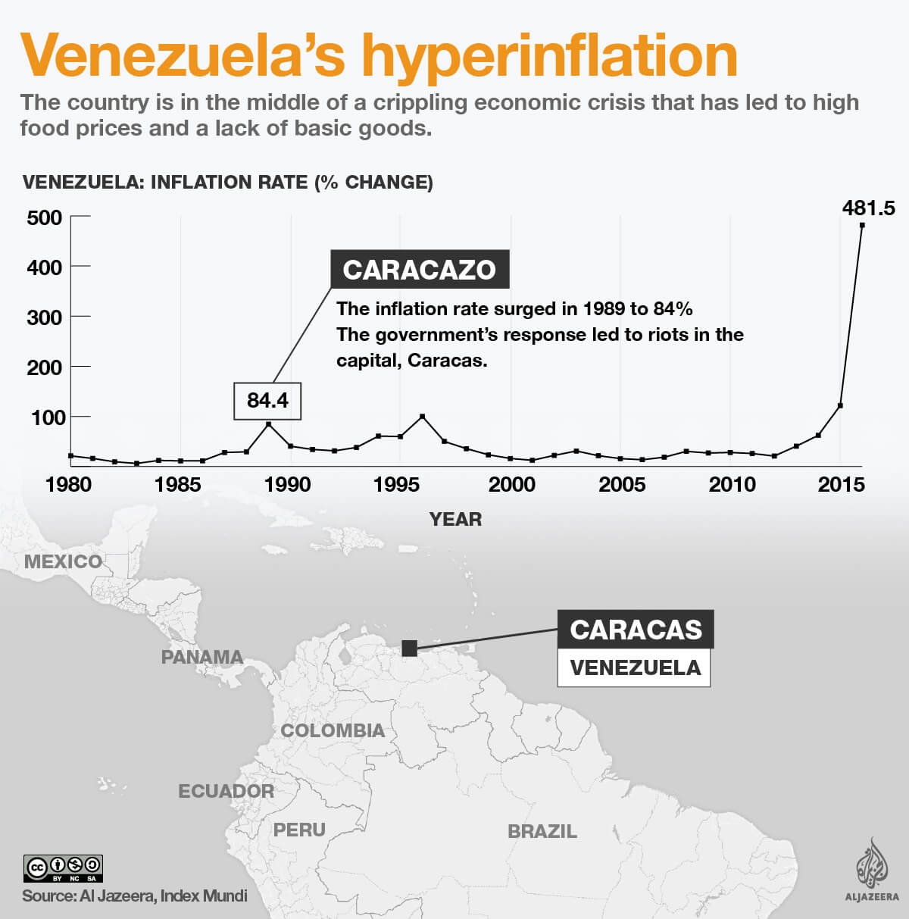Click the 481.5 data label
(x=868, y=208)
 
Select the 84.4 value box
(x=267, y=400)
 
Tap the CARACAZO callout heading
(x=419, y=270)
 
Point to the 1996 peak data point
(x=422, y=417)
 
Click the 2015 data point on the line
(x=840, y=406)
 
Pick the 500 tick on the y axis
(x=44, y=218)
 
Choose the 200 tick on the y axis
(x=44, y=367)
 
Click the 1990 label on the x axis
(x=288, y=485)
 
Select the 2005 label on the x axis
(x=621, y=485)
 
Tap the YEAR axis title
(x=455, y=519)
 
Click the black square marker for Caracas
(x=409, y=648)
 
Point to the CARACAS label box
(x=636, y=630)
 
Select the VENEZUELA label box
(x=635, y=667)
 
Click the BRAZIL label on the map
(x=542, y=831)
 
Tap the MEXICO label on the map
(x=63, y=561)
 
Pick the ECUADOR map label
(x=226, y=791)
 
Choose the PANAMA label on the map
(x=202, y=657)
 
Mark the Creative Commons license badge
(x=63, y=867)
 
